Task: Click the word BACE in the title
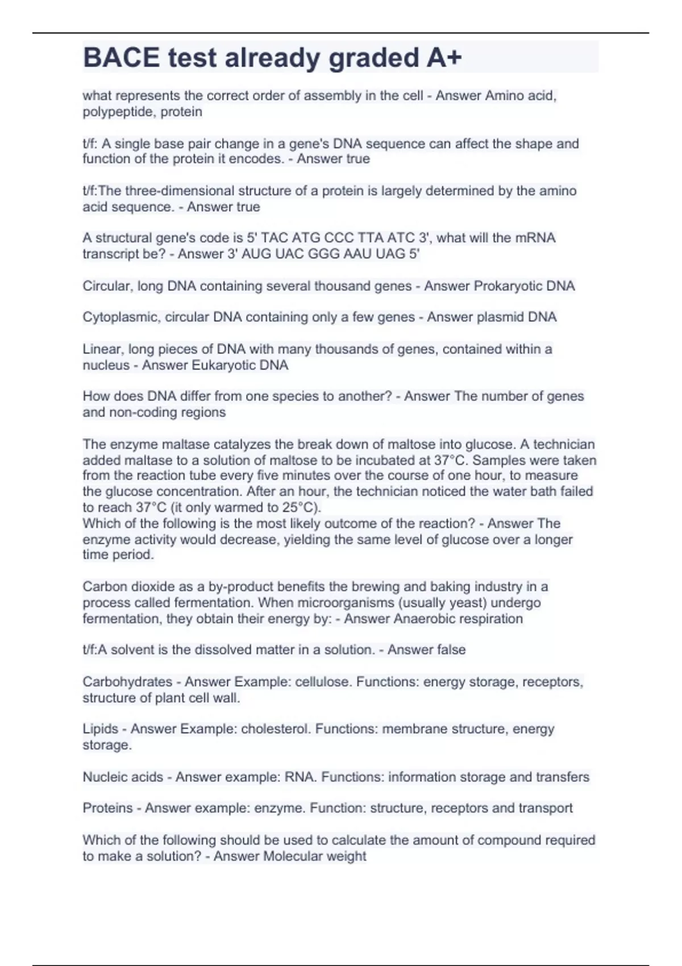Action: click(x=121, y=57)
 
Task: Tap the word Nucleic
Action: click(x=104, y=777)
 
